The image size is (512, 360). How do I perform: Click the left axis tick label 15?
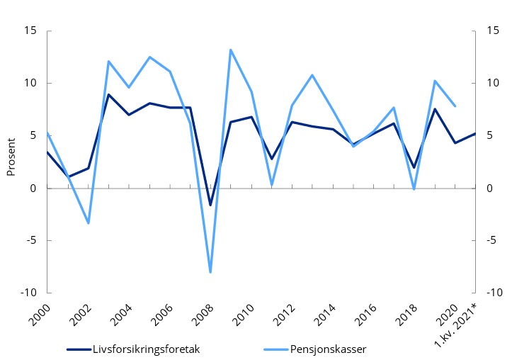(x=30, y=31)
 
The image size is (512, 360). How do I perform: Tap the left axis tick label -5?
(x=31, y=240)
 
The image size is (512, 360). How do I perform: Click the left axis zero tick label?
(x=33, y=189)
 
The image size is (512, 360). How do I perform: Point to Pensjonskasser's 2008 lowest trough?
(x=210, y=272)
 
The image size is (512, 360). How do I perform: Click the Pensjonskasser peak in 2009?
(x=231, y=50)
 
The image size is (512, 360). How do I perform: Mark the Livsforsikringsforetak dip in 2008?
(x=210, y=205)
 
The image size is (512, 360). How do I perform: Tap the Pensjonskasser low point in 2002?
(x=89, y=223)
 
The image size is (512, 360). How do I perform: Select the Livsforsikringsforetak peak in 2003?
(x=108, y=94)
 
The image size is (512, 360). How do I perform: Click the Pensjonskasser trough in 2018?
(x=414, y=189)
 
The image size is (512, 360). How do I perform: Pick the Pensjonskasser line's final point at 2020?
(x=455, y=106)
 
